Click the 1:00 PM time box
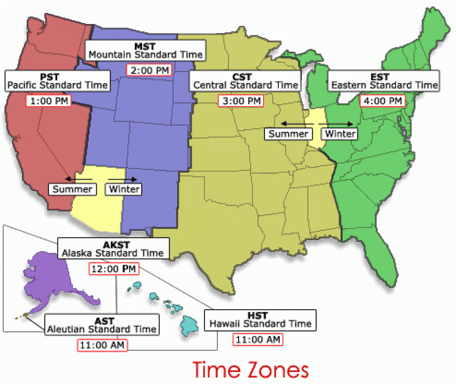click(x=49, y=101)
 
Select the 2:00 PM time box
click(x=149, y=70)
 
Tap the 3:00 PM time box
click(x=241, y=101)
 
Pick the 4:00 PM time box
click(x=383, y=101)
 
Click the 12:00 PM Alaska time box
click(x=114, y=269)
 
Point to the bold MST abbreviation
click(x=146, y=46)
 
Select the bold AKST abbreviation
click(x=113, y=244)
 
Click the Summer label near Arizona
click(x=72, y=189)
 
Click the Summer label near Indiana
click(x=288, y=134)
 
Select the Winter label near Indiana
click(x=340, y=134)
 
